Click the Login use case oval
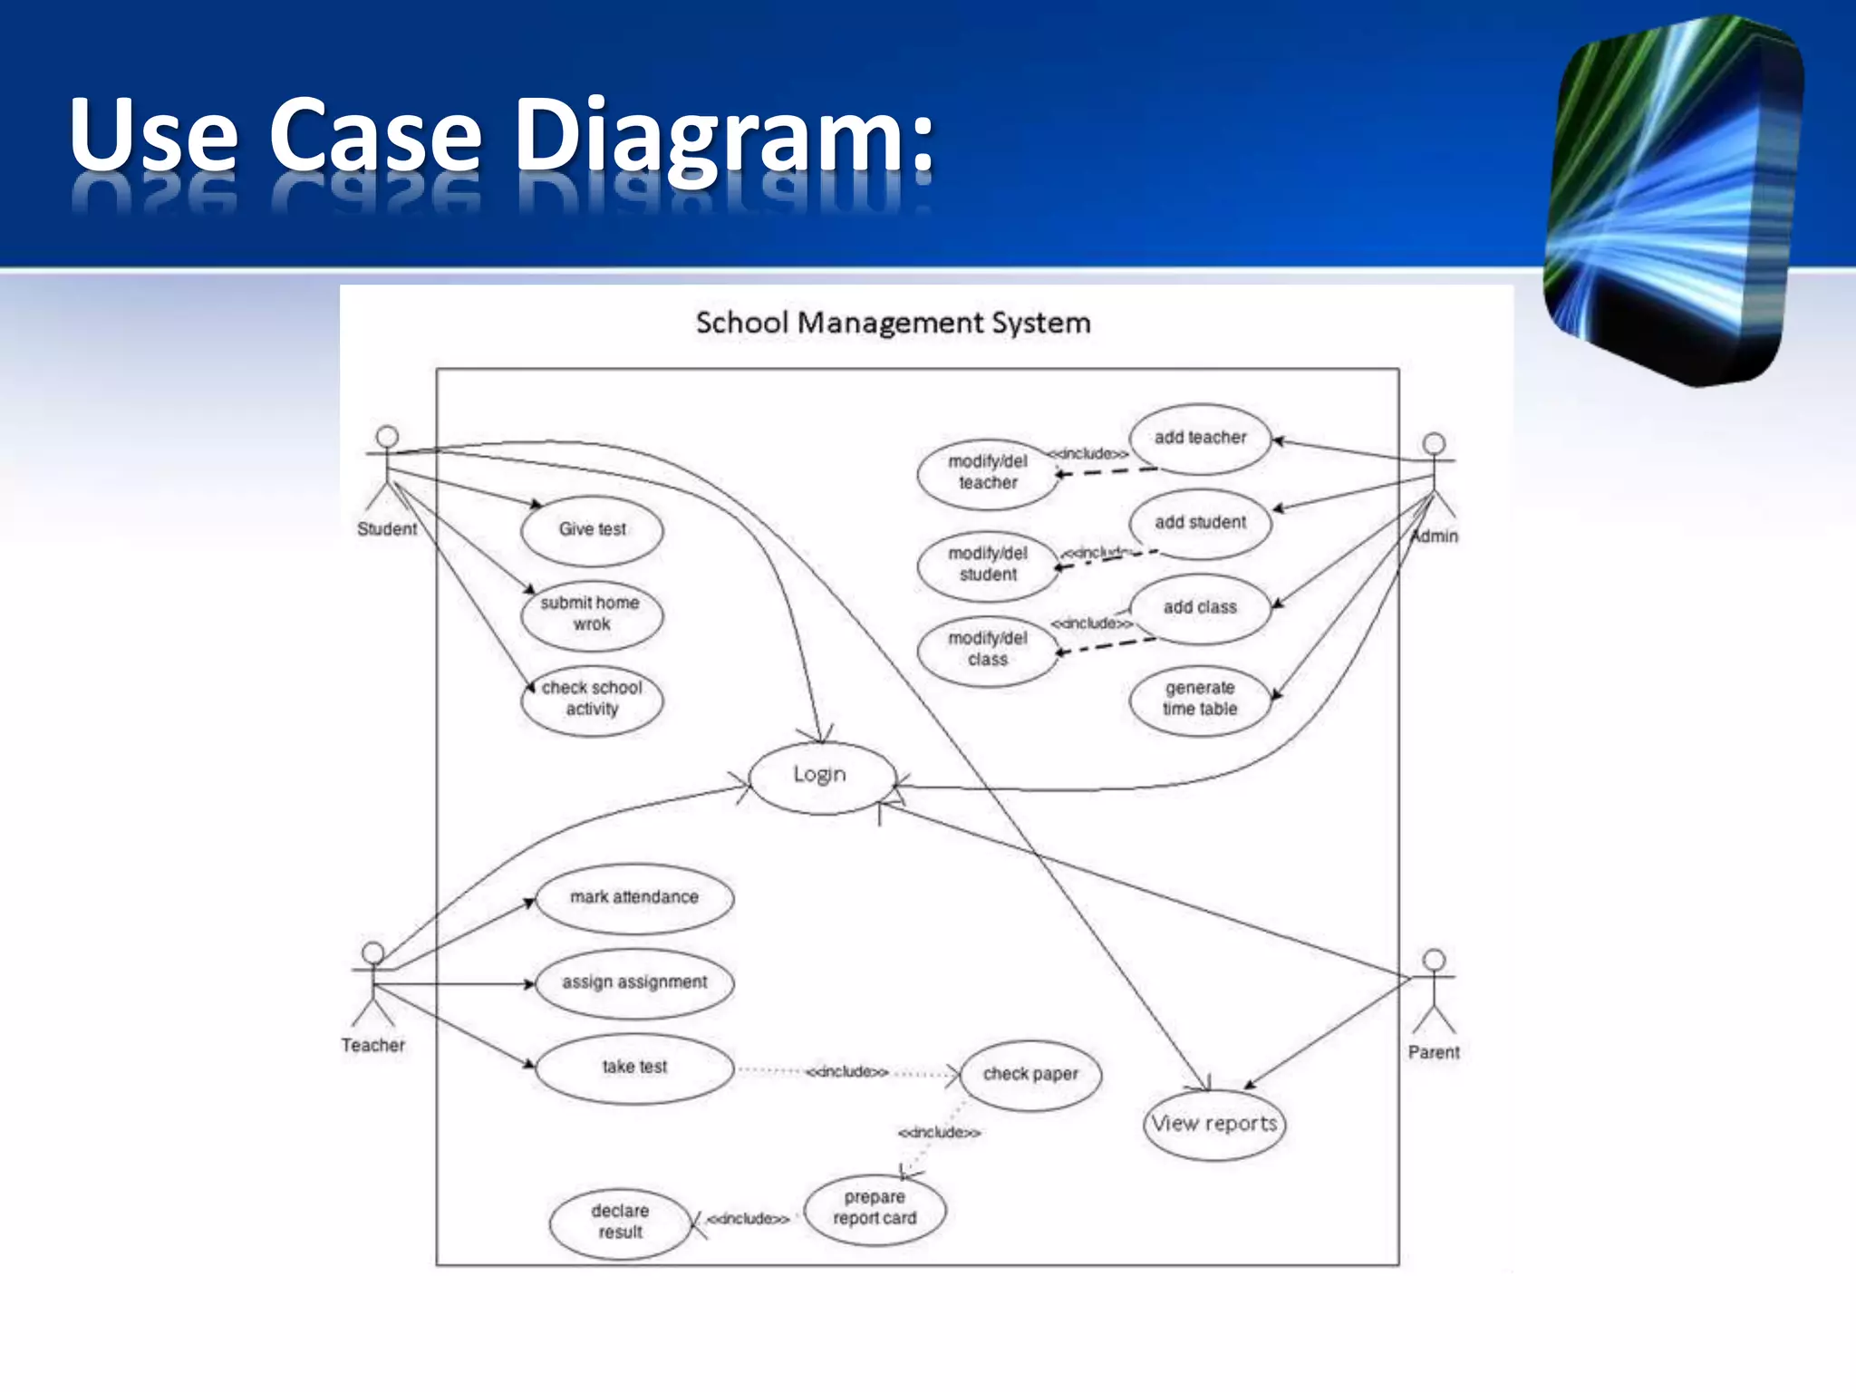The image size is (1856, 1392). click(x=821, y=778)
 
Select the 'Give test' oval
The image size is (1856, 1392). click(x=592, y=530)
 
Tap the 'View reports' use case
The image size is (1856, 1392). click(x=1214, y=1125)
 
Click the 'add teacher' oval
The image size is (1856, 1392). click(x=1200, y=439)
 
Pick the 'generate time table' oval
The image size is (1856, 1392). click(x=1200, y=700)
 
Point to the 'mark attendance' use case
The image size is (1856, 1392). click(x=634, y=898)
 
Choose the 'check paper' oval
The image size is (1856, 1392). click(x=1030, y=1075)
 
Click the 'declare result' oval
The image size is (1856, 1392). click(x=620, y=1223)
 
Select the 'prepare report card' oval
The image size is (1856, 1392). click(x=875, y=1209)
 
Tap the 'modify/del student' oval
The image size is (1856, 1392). click(x=988, y=565)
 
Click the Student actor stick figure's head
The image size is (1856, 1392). click(x=387, y=437)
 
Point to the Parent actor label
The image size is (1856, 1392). click(x=1434, y=1053)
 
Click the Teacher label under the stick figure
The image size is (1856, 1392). click(x=372, y=1046)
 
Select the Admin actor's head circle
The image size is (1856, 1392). click(x=1434, y=444)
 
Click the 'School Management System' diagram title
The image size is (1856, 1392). click(x=893, y=324)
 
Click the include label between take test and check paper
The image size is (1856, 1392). click(x=847, y=1072)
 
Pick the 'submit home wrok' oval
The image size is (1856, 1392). click(x=592, y=614)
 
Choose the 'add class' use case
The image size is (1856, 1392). click(x=1200, y=608)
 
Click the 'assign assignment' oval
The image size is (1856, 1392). click(x=634, y=983)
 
